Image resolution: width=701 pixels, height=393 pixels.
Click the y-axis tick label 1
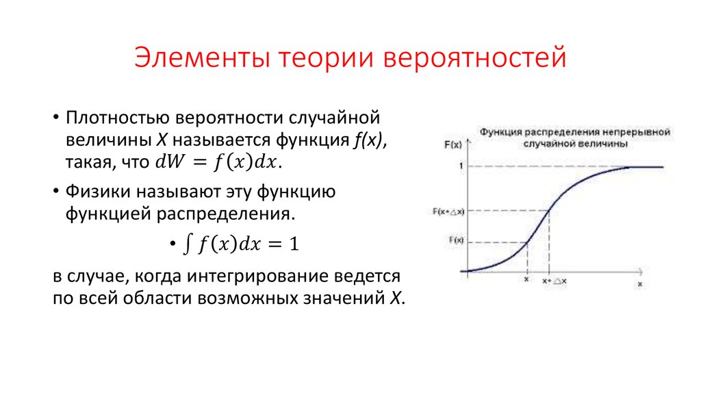pyautogui.click(x=461, y=166)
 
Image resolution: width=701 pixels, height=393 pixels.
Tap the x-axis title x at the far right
pyautogui.click(x=640, y=282)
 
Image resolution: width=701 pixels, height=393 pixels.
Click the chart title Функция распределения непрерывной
pyautogui.click(x=574, y=130)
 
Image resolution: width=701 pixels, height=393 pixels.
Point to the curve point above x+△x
pyautogui.click(x=550, y=210)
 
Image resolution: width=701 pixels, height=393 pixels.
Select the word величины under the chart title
pyautogui.click(x=602, y=144)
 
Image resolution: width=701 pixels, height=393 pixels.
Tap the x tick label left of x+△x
pyautogui.click(x=526, y=280)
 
